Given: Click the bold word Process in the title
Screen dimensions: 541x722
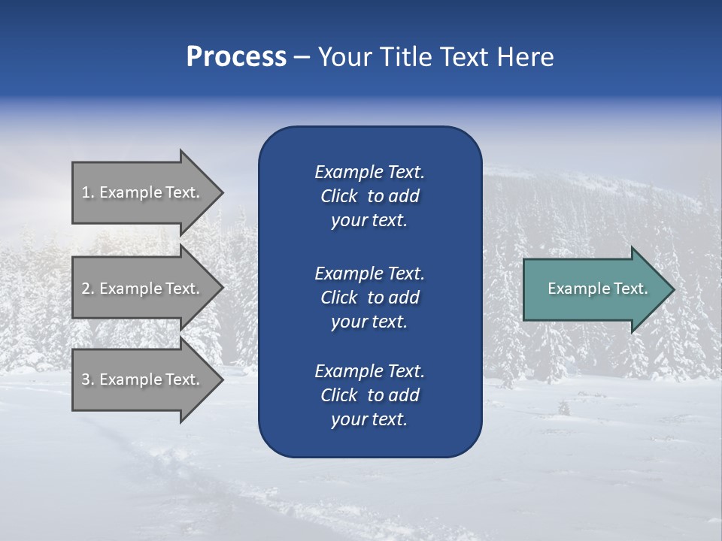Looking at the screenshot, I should [x=236, y=57].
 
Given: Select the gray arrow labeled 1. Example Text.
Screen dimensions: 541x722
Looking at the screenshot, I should [x=141, y=192].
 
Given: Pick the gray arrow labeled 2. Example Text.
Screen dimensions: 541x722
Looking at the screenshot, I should [x=141, y=289].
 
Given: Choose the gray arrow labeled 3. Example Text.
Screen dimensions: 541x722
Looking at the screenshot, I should [x=141, y=379].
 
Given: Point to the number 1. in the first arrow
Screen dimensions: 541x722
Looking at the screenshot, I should [x=88, y=192].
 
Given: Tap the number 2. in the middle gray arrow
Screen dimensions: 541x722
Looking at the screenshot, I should [x=88, y=289].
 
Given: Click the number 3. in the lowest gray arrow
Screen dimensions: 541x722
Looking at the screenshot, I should [x=88, y=379].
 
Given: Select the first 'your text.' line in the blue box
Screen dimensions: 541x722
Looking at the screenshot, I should [x=369, y=221].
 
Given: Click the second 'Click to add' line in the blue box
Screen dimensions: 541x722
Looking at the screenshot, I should [x=369, y=298].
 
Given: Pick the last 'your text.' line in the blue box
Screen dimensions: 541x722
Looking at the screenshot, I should [x=369, y=420].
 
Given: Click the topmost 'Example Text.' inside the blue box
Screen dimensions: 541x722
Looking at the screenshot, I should [x=369, y=172].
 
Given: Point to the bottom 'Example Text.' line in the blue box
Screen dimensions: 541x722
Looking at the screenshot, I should [x=369, y=371].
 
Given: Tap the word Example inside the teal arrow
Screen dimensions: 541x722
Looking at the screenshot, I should [x=574, y=289].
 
